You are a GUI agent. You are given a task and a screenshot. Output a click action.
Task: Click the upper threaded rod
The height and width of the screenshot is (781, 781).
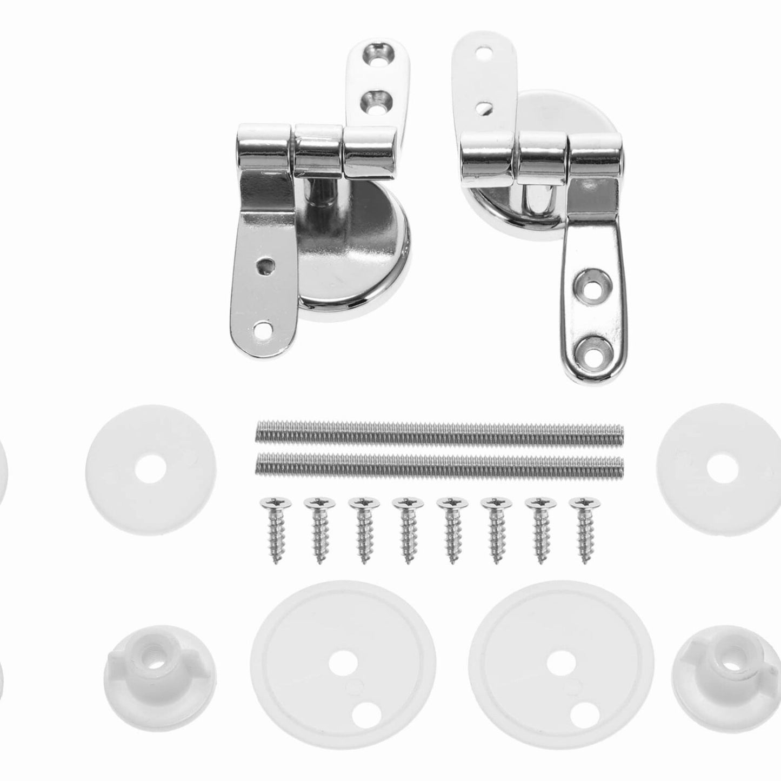pyautogui.click(x=439, y=432)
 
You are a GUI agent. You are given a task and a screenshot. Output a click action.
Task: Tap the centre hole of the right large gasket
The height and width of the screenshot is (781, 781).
pyautogui.click(x=559, y=659)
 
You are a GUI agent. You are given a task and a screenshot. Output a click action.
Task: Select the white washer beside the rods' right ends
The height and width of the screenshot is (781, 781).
pyautogui.click(x=719, y=466)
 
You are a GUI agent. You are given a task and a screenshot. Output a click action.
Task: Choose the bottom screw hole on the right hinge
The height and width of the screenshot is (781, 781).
pyautogui.click(x=592, y=355)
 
